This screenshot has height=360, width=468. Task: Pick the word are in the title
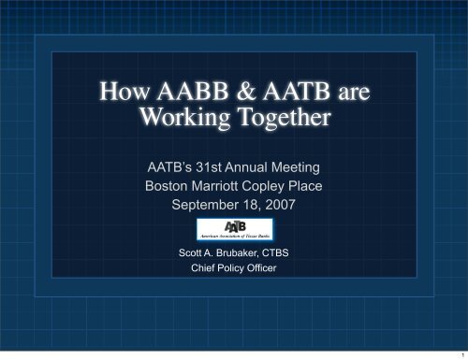point(346,94)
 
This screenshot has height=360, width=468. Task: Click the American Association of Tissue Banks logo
point(234,230)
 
